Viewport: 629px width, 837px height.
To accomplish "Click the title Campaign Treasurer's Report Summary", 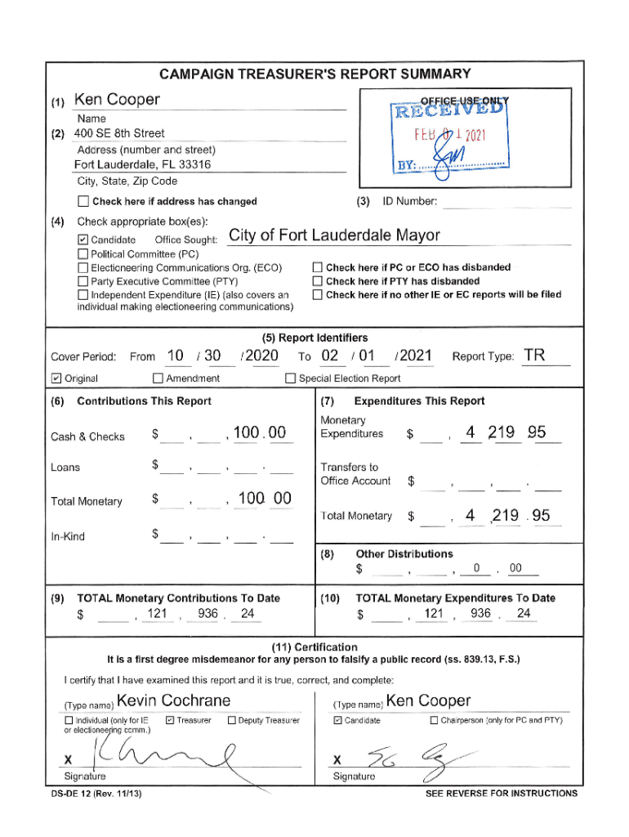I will (314, 74).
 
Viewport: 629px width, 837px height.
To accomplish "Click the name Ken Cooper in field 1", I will (117, 100).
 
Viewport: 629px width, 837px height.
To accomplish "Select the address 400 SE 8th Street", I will (119, 133).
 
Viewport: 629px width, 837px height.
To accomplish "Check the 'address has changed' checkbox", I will (83, 202).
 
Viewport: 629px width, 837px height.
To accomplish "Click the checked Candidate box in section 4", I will (83, 240).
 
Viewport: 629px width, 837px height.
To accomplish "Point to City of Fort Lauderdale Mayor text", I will (334, 236).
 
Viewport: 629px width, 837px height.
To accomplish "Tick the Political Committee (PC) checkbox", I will (83, 254).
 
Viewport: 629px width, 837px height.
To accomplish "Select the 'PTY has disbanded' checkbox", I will (318, 281).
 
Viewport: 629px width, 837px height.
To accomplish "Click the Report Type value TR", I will (535, 356).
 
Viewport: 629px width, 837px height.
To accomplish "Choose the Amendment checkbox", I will (158, 378).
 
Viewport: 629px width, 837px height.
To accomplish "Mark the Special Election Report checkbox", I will (290, 378).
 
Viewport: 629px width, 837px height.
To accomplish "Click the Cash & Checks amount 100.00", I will (259, 433).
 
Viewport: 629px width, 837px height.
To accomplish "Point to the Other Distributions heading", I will (404, 554).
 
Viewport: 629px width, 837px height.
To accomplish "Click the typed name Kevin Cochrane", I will (173, 700).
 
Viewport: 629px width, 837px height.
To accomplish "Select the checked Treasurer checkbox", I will (170, 720).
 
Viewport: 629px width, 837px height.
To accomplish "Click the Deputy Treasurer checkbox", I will (232, 720).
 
